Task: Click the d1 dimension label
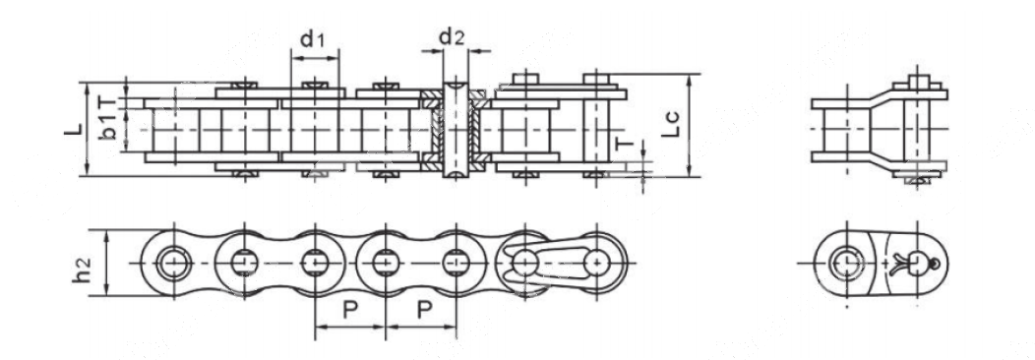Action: [312, 39]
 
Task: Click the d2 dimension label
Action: [453, 37]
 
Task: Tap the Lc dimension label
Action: [671, 124]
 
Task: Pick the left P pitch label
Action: [350, 310]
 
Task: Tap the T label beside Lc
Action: [625, 144]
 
